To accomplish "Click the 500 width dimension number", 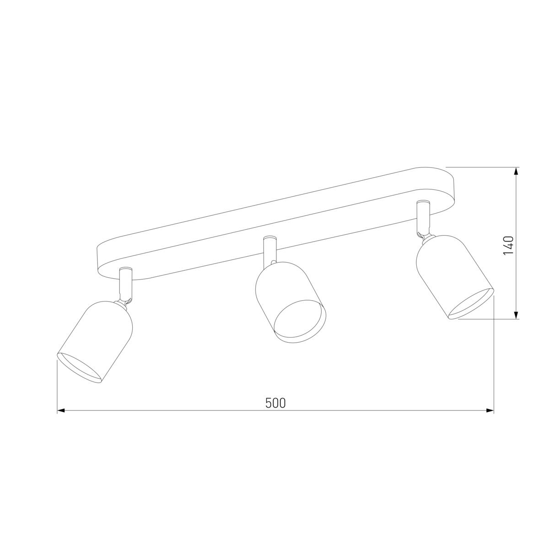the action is [x=275, y=403].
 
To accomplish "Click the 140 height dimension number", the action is [x=509, y=246].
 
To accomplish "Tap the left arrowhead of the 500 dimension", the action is [x=61, y=410].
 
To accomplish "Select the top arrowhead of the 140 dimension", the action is [x=516, y=171].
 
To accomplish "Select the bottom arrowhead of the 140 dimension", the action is [x=516, y=315].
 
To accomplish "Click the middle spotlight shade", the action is [x=291, y=302].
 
